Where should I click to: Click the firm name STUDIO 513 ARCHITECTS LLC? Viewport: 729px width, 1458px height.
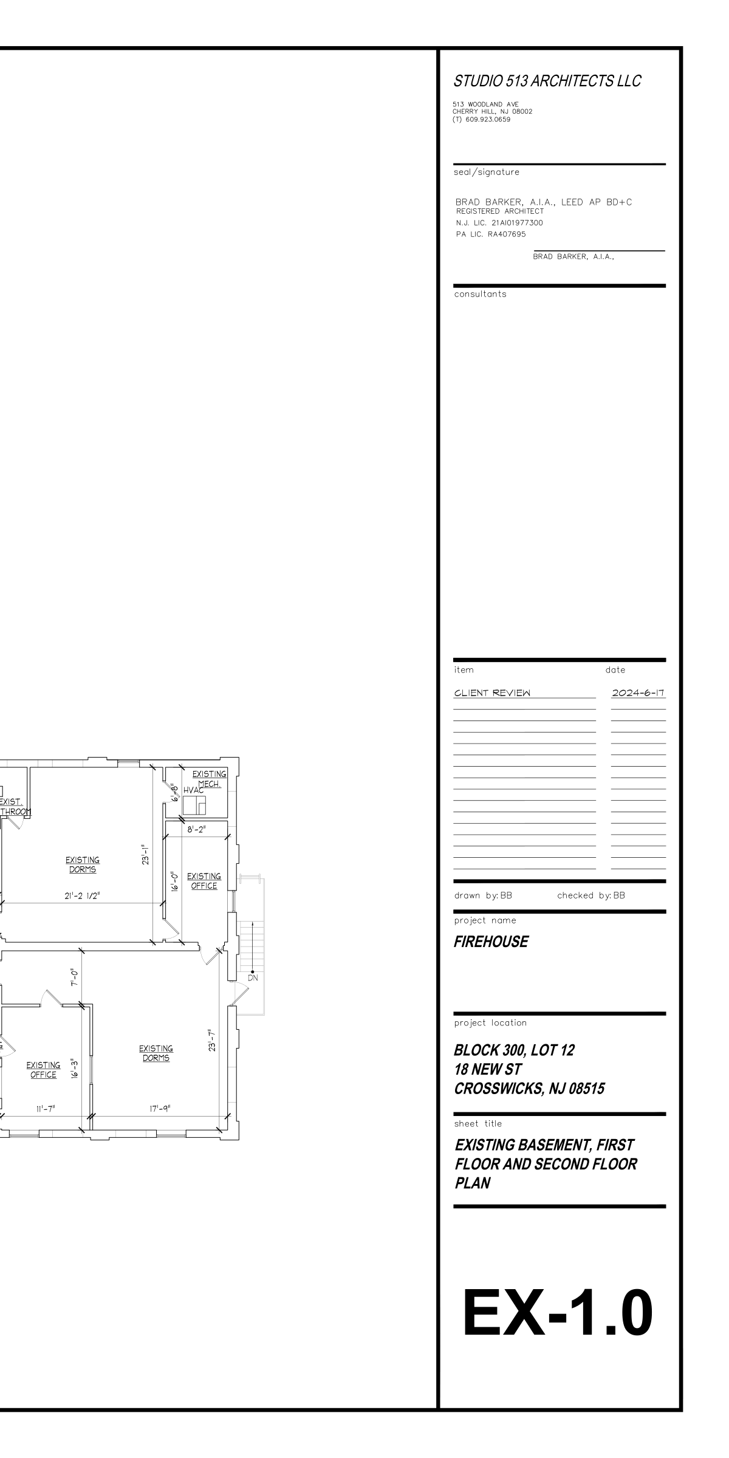click(x=547, y=81)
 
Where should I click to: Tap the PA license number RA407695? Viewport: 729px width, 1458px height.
click(x=507, y=234)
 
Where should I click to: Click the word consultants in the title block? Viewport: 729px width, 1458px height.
click(x=480, y=295)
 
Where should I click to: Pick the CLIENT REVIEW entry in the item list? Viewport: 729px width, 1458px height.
click(x=492, y=693)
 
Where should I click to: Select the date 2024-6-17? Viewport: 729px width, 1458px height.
click(x=638, y=693)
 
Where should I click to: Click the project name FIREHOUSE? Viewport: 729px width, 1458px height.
click(x=491, y=942)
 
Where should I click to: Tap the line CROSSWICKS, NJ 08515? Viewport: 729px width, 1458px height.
click(x=529, y=1089)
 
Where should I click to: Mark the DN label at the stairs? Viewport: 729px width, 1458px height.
click(x=253, y=978)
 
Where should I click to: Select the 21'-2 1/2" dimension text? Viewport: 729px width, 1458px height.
click(x=82, y=895)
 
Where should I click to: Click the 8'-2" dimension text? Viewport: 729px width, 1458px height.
click(x=196, y=830)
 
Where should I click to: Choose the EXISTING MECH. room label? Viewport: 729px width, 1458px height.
click(x=210, y=779)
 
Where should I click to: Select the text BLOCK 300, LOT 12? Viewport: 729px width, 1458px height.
click(x=514, y=1050)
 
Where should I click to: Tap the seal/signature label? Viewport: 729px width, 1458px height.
click(x=487, y=173)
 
